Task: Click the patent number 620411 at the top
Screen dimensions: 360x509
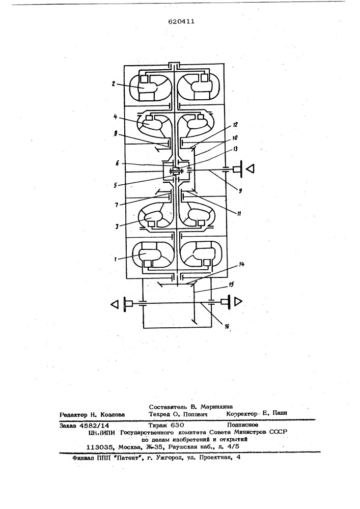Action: coord(181,21)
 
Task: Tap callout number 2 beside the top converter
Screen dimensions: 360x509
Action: coord(113,83)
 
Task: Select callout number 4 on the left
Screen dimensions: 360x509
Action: coord(116,117)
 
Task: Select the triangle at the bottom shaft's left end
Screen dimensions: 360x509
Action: coord(115,304)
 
